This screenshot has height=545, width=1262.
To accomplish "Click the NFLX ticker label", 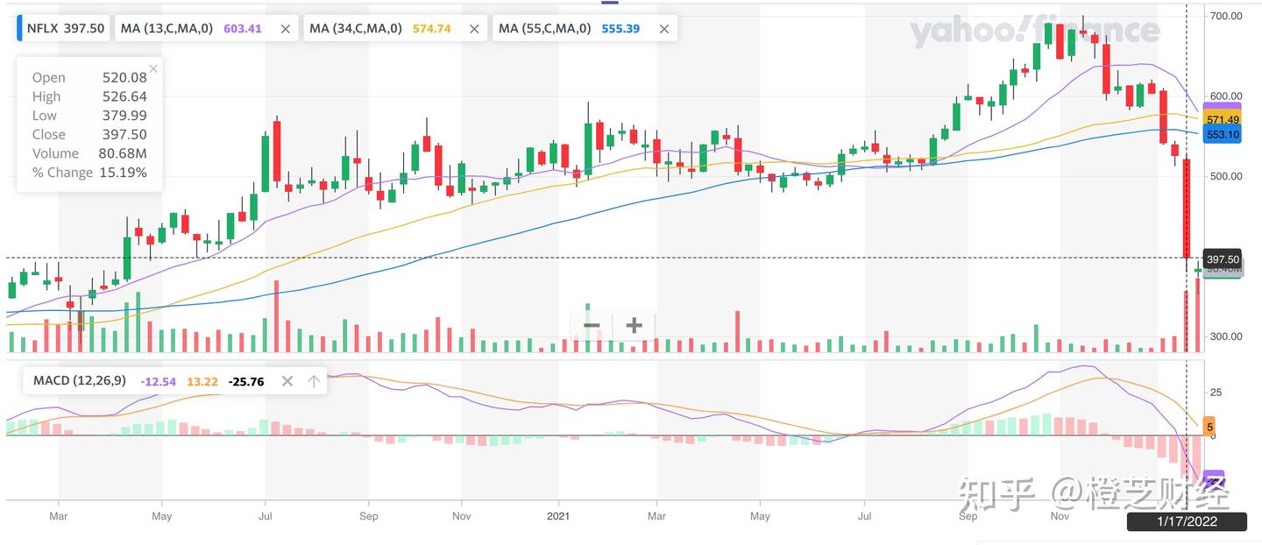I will click(x=42, y=28).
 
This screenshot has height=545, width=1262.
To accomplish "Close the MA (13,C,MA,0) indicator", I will click(x=285, y=28).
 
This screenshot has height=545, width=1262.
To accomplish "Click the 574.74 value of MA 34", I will click(x=431, y=28).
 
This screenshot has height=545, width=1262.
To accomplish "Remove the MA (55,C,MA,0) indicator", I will click(x=663, y=28).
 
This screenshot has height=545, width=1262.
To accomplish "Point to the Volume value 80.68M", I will click(x=124, y=153).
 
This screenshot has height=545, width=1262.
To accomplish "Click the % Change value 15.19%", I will click(x=124, y=173).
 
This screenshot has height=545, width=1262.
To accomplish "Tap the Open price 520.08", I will click(x=124, y=78).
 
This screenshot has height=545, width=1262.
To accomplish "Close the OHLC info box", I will click(x=153, y=68).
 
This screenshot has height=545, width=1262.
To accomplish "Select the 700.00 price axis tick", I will click(x=1225, y=16).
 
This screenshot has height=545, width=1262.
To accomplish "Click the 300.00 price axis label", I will click(x=1225, y=336).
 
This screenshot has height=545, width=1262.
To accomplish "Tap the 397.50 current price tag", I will click(x=1223, y=259).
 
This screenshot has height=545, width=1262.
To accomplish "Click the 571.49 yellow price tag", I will click(x=1222, y=119).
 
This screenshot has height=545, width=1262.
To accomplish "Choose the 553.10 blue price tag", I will click(x=1222, y=135).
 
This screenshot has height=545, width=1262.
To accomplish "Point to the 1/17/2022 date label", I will click(x=1186, y=521).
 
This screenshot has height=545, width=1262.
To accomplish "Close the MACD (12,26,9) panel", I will click(x=287, y=381).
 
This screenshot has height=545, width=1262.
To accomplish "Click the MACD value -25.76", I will click(x=246, y=381).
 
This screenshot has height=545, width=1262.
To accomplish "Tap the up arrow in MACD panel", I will click(x=313, y=381).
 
